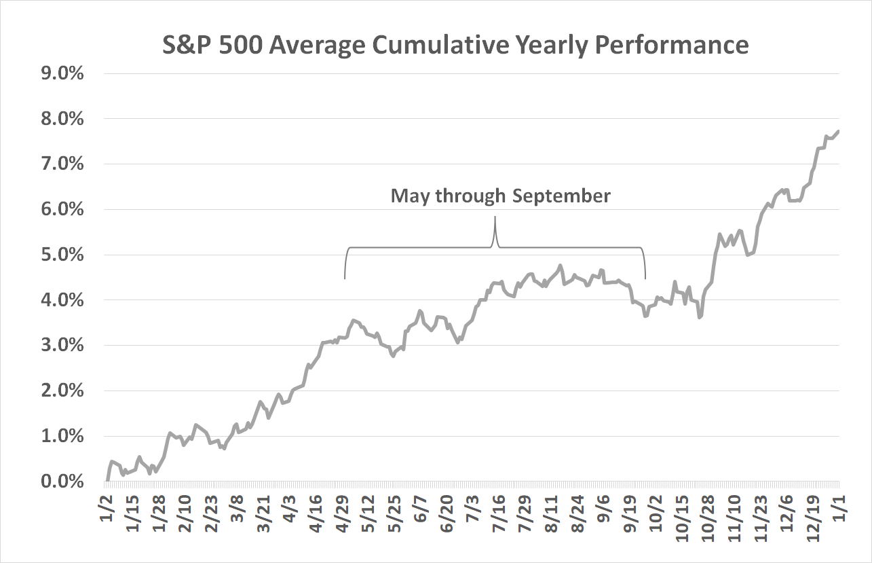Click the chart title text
[455, 45]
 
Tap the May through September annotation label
[500, 196]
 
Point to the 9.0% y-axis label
[62, 73]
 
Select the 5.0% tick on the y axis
[62, 255]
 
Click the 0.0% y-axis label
[62, 482]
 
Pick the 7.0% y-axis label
[62, 164]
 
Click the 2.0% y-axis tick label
[62, 391]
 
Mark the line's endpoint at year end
[839, 131]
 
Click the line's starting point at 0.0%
[107, 480]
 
